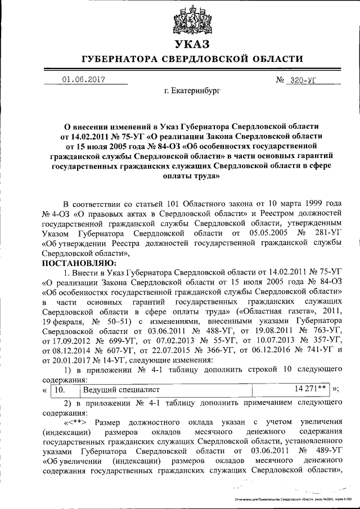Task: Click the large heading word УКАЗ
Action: point(192,44)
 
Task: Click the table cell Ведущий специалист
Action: point(121,389)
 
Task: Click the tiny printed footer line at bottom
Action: point(292,499)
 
